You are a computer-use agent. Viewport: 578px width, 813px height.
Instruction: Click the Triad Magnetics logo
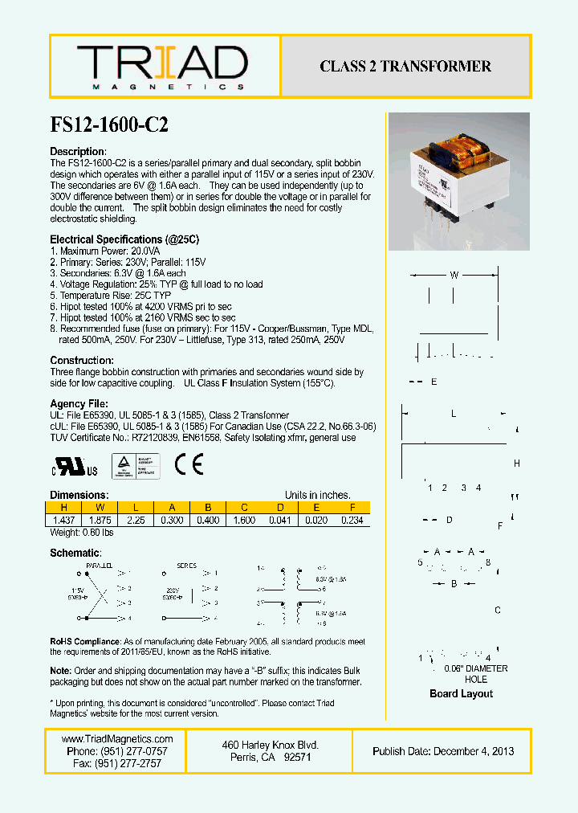[x=162, y=67]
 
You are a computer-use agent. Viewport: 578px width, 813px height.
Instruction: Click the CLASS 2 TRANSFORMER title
[x=405, y=67]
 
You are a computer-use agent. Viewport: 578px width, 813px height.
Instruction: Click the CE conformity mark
[x=189, y=465]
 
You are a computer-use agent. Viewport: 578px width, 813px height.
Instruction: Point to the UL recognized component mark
[x=75, y=467]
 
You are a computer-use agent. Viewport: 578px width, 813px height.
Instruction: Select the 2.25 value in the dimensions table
[x=136, y=520]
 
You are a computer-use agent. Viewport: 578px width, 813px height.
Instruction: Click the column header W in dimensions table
[x=100, y=508]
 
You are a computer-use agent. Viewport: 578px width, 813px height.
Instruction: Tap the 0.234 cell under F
[x=352, y=520]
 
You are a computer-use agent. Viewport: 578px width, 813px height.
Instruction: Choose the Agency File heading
[x=79, y=403]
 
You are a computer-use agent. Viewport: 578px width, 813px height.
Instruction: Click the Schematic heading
[x=75, y=553]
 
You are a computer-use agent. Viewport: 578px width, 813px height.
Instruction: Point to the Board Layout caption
[x=461, y=693]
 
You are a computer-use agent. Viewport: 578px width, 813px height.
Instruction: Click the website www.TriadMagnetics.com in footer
[x=117, y=739]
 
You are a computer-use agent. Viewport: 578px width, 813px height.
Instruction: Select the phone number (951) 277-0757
[x=117, y=751]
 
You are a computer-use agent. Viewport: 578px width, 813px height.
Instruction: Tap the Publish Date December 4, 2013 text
[x=443, y=751]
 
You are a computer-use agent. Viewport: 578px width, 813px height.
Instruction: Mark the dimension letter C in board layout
[x=498, y=611]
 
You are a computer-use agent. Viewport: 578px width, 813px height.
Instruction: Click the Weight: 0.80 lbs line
[x=81, y=532]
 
